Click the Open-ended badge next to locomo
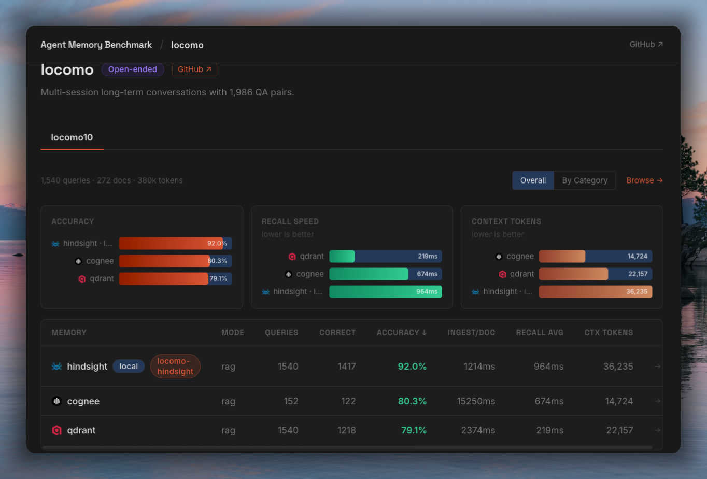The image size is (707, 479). point(133,69)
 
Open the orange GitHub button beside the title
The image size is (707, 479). point(194,69)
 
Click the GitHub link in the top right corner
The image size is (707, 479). point(646,45)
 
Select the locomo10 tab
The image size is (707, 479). point(72,137)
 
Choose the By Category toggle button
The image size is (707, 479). point(585,180)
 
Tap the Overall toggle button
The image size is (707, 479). point(533,180)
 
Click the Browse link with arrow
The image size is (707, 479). point(644,180)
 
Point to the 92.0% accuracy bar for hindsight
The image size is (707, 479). point(176,243)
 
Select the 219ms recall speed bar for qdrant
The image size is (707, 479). point(386,256)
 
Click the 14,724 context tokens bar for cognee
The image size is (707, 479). point(595,256)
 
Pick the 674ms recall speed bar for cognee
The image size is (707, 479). point(386,274)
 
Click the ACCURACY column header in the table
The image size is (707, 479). point(402,332)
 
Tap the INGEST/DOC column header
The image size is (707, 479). point(471,332)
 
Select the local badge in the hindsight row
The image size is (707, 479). point(129,367)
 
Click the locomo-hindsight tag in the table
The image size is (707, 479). point(175,367)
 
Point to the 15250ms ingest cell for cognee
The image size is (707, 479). point(476,401)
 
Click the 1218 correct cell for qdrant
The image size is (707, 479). point(347,430)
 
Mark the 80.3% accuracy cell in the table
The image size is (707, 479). point(412,401)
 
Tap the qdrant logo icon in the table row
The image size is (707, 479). point(57,430)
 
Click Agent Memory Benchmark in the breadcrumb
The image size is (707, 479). point(96,45)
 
